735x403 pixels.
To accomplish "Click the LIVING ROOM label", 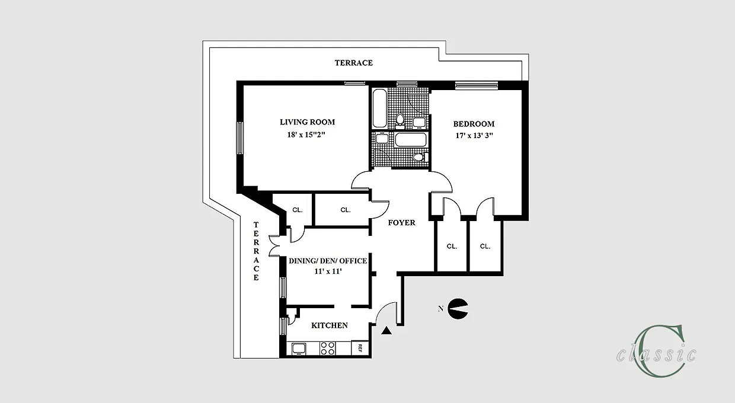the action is point(307,122).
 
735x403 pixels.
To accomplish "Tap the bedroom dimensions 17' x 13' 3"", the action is point(474,135).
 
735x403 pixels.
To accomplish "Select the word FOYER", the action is point(401,223).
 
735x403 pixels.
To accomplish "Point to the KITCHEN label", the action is point(330,325).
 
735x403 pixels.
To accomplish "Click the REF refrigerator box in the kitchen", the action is point(359,348).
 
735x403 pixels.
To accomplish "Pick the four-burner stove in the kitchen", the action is point(328,348).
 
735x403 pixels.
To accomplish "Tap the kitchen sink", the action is point(298,348).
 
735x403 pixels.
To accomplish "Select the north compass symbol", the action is point(457,308).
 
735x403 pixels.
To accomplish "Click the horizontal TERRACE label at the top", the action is point(353,62).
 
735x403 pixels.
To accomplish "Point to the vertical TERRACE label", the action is point(256,251).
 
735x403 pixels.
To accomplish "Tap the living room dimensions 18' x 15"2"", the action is point(307,135).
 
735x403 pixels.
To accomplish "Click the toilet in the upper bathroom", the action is point(400,121).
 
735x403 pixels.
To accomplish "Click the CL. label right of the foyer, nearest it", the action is point(452,247).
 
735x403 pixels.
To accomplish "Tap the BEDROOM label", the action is point(474,124).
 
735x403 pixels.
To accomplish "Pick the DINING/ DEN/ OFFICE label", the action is point(327,261).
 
